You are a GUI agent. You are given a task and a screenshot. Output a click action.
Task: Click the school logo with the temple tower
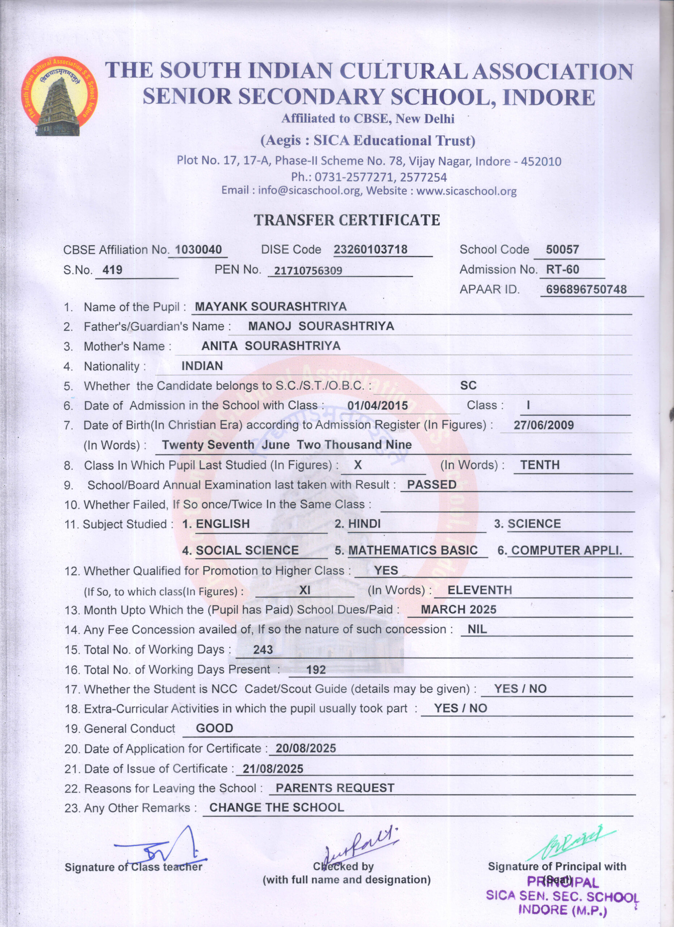click(59, 97)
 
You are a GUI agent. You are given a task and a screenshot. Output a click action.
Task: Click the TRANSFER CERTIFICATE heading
click(347, 220)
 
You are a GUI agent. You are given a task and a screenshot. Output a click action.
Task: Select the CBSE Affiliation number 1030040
click(198, 249)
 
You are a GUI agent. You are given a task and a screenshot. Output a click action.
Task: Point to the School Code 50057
click(562, 249)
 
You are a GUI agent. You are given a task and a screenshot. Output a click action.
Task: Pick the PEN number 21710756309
click(308, 270)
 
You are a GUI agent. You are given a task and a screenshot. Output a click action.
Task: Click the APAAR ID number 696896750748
click(586, 289)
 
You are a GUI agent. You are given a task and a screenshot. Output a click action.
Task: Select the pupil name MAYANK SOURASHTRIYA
click(271, 307)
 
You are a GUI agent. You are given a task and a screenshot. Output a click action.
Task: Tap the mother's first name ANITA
click(219, 346)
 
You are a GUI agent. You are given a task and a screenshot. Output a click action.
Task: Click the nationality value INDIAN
click(202, 366)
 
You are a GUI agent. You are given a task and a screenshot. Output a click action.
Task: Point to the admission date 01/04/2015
click(378, 406)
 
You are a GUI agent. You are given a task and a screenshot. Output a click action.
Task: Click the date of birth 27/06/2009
click(544, 425)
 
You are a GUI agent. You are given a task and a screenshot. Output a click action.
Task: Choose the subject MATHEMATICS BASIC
click(413, 550)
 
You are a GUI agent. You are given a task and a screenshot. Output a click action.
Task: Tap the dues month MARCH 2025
click(459, 609)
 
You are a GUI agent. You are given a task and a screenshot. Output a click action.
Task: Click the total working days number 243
click(263, 650)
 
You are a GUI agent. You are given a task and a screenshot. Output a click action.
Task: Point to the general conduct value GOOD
click(214, 728)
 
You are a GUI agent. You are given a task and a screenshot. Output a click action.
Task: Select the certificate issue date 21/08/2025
click(273, 769)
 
